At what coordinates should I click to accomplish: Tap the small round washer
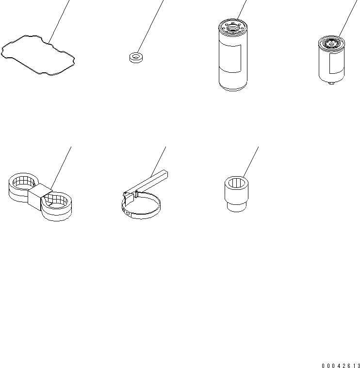[x=136, y=58]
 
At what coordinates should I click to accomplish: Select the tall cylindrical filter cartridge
[x=233, y=55]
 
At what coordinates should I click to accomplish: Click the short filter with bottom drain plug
[x=331, y=60]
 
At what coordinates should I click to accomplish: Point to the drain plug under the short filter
[x=331, y=83]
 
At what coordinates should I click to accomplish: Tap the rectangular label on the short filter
[x=337, y=64]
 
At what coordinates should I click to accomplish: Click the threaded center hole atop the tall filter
[x=232, y=28]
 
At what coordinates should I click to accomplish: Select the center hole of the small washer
[x=136, y=56]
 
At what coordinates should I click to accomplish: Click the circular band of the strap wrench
[x=141, y=217]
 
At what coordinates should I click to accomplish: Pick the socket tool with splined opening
[x=236, y=194]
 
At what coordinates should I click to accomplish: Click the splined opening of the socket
[x=236, y=183]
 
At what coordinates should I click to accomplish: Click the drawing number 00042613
[x=341, y=366]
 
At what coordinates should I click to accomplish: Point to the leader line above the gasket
[x=59, y=22]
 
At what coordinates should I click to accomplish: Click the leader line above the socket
[x=251, y=162]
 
